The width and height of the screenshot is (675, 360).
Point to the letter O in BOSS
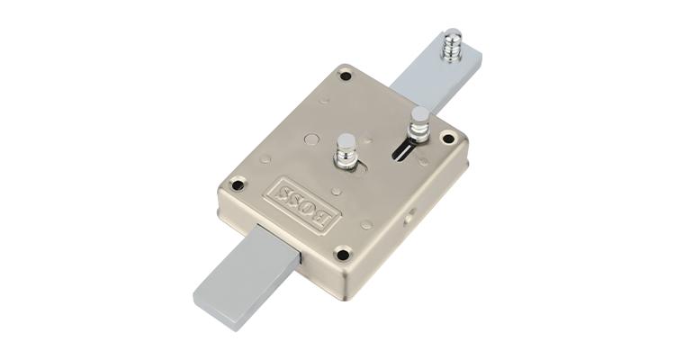coord(311,210)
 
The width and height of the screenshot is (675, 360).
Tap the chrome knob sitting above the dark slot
coord(419,124)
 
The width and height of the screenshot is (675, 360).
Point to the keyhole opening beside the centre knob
coord(359,170)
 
